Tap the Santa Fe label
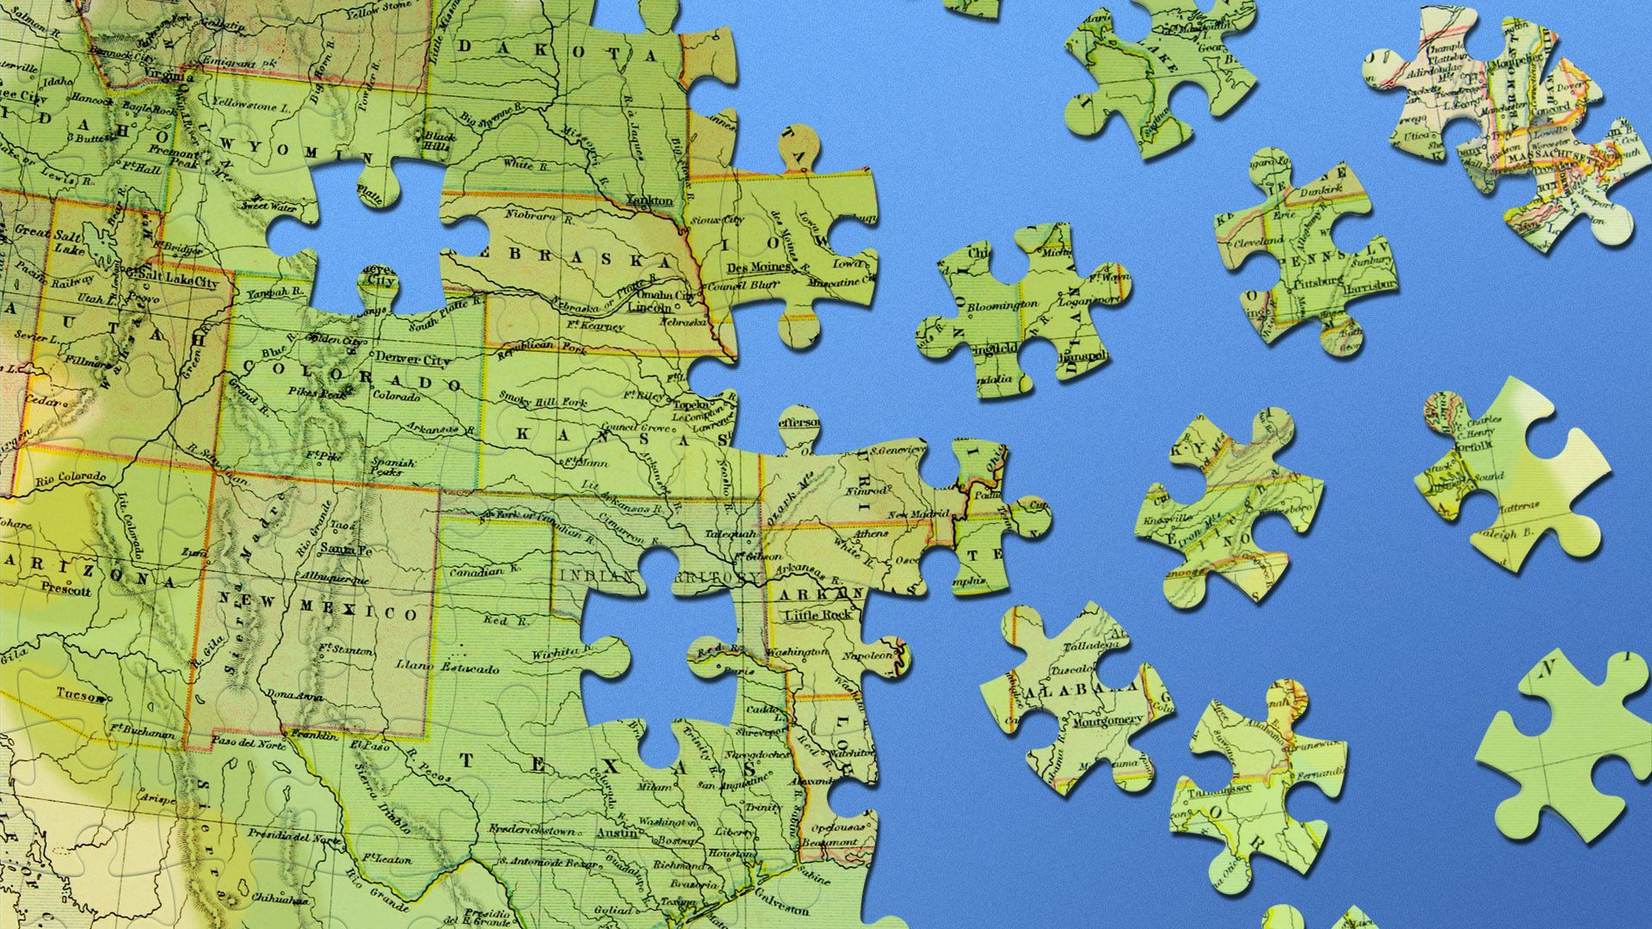346,550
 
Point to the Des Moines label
758,268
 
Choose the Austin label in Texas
617,834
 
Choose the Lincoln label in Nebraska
650,307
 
